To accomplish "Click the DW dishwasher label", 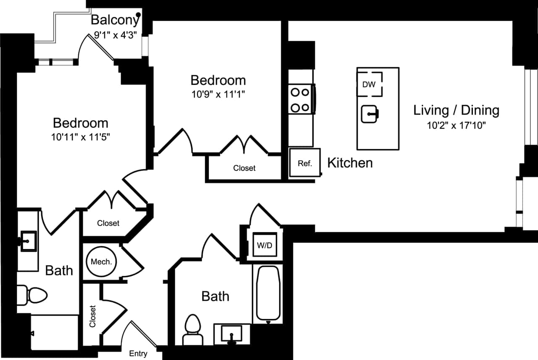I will pyautogui.click(x=369, y=85).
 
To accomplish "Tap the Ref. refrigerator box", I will pyautogui.click(x=305, y=163).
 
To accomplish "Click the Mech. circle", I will pyautogui.click(x=101, y=261).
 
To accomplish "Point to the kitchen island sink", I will pyautogui.click(x=370, y=114).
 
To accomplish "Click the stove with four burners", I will pyautogui.click(x=301, y=100).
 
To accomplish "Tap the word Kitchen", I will pyautogui.click(x=350, y=163).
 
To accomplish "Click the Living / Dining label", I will pyautogui.click(x=456, y=110).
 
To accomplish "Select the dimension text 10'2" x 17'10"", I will pyautogui.click(x=456, y=125).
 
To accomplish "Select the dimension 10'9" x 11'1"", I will pyautogui.click(x=218, y=95).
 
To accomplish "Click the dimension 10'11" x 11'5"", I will pyautogui.click(x=80, y=137).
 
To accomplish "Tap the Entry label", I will pyautogui.click(x=138, y=354).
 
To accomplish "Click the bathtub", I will pyautogui.click(x=267, y=293).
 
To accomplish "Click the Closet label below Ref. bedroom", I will pyautogui.click(x=244, y=168).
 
